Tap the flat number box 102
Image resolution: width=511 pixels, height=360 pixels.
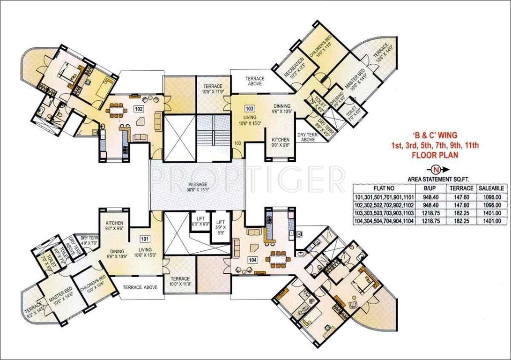(x=138, y=109)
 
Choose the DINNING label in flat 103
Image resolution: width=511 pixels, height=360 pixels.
(x=281, y=109)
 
